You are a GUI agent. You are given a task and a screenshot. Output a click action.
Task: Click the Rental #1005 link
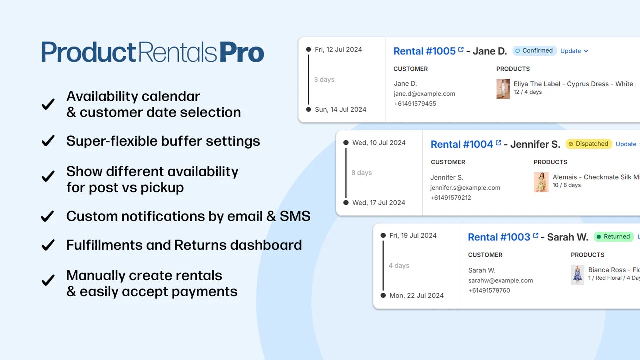pyautogui.click(x=424, y=51)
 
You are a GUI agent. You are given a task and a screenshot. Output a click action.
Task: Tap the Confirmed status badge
pyautogui.click(x=535, y=51)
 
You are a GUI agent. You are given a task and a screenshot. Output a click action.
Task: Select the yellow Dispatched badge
pyautogui.click(x=589, y=144)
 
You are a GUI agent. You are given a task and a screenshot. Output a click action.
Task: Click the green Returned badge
pyautogui.click(x=614, y=237)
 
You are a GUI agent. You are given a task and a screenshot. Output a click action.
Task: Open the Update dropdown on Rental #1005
pyautogui.click(x=574, y=51)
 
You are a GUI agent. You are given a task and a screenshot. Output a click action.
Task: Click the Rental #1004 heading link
pyautogui.click(x=462, y=144)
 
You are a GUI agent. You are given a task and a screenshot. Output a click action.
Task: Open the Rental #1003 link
pyautogui.click(x=499, y=237)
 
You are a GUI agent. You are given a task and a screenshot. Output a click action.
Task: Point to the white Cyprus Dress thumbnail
pyautogui.click(x=503, y=89)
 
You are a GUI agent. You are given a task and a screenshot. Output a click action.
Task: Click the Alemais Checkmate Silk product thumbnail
pyautogui.click(x=541, y=182)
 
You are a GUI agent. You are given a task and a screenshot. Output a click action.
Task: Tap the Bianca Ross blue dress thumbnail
pyautogui.click(x=577, y=275)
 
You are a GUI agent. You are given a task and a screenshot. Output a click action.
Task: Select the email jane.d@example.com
pyautogui.click(x=424, y=94)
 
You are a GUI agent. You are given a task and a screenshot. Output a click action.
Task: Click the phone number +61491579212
pyautogui.click(x=450, y=198)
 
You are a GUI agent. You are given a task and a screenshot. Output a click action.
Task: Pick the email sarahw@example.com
pyautogui.click(x=500, y=280)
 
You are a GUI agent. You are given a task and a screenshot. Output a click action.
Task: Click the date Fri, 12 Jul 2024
pyautogui.click(x=338, y=49)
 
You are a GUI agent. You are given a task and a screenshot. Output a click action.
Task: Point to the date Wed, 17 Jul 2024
pyautogui.click(x=378, y=203)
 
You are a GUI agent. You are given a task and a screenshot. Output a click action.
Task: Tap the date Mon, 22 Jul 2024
pyautogui.click(x=416, y=295)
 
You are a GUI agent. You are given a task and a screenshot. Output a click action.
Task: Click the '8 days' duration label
pyautogui.click(x=361, y=173)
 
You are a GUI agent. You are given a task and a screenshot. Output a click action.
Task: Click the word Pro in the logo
pyautogui.click(x=242, y=52)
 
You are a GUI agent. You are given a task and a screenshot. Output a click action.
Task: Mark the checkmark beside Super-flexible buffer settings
pyautogui.click(x=48, y=141)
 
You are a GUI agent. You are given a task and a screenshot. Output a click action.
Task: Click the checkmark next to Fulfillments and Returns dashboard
pyautogui.click(x=48, y=245)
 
